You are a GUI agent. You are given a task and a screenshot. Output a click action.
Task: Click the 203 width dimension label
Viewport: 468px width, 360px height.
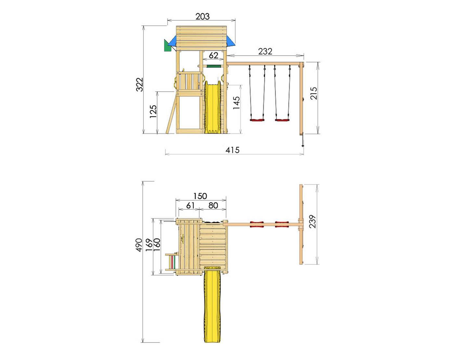tap(202, 17)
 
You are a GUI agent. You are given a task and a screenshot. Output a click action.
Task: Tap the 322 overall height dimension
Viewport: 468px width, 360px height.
tap(139, 85)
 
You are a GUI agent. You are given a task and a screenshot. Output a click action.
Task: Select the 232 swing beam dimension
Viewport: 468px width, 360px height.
tap(265, 51)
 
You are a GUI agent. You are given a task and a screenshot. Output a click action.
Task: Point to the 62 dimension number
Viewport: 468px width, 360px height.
tap(214, 56)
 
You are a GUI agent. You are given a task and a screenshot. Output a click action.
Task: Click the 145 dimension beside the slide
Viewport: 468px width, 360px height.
tap(236, 103)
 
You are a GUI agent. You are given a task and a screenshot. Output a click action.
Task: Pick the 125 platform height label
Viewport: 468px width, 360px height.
tap(153, 111)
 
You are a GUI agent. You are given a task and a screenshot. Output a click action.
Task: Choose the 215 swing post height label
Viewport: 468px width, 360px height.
tap(313, 93)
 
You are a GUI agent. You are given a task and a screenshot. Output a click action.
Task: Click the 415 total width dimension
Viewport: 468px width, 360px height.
tap(232, 150)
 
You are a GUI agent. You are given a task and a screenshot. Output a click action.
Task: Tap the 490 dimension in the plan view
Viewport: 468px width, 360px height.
tap(139, 245)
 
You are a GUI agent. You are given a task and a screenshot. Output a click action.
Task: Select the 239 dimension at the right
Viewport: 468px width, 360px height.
tap(312, 221)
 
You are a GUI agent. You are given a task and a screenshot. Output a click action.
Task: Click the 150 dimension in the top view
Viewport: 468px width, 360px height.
tap(200, 196)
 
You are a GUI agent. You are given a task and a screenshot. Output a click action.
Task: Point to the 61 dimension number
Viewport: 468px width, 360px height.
tap(190, 206)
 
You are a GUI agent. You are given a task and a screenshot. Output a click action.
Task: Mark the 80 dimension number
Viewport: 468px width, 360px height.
tap(213, 206)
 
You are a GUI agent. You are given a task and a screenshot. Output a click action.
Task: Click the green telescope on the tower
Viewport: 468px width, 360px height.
tap(168, 46)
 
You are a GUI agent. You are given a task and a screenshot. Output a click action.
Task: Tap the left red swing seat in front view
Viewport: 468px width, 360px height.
tap(257, 120)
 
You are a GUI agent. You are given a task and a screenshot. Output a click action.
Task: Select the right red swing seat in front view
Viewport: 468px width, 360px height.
tap(282, 120)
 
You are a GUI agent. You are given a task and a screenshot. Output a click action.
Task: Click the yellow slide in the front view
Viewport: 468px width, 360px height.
tap(213, 107)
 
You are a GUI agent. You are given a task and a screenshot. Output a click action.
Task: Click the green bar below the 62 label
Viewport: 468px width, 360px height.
tap(214, 66)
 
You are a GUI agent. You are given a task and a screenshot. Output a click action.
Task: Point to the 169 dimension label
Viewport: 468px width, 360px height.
tap(149, 245)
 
